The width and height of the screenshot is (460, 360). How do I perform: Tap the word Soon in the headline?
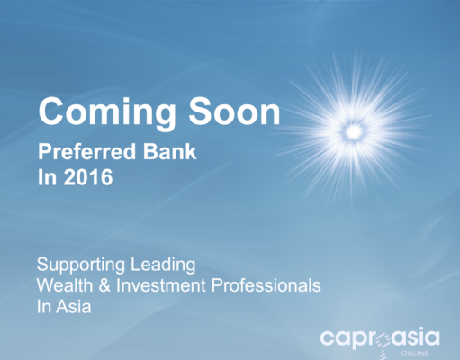click(234, 111)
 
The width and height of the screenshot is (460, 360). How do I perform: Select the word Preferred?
click(87, 151)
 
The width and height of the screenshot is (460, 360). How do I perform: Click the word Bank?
click(169, 151)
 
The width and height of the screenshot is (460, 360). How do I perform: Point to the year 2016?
click(88, 177)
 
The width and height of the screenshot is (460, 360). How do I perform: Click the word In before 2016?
click(47, 177)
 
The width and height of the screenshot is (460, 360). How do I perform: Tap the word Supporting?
click(81, 265)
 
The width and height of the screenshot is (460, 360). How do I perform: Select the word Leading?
click(163, 265)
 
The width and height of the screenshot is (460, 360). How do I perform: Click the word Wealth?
click(65, 285)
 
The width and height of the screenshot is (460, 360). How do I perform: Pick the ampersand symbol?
click(104, 285)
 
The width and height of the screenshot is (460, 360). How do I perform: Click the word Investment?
click(161, 285)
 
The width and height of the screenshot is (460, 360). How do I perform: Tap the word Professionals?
click(266, 285)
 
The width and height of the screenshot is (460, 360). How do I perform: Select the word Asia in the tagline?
click(74, 307)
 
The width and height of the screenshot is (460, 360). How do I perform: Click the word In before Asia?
click(43, 307)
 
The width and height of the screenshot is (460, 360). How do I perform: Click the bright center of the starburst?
click(355, 131)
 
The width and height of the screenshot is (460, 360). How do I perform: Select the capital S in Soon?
click(200, 111)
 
